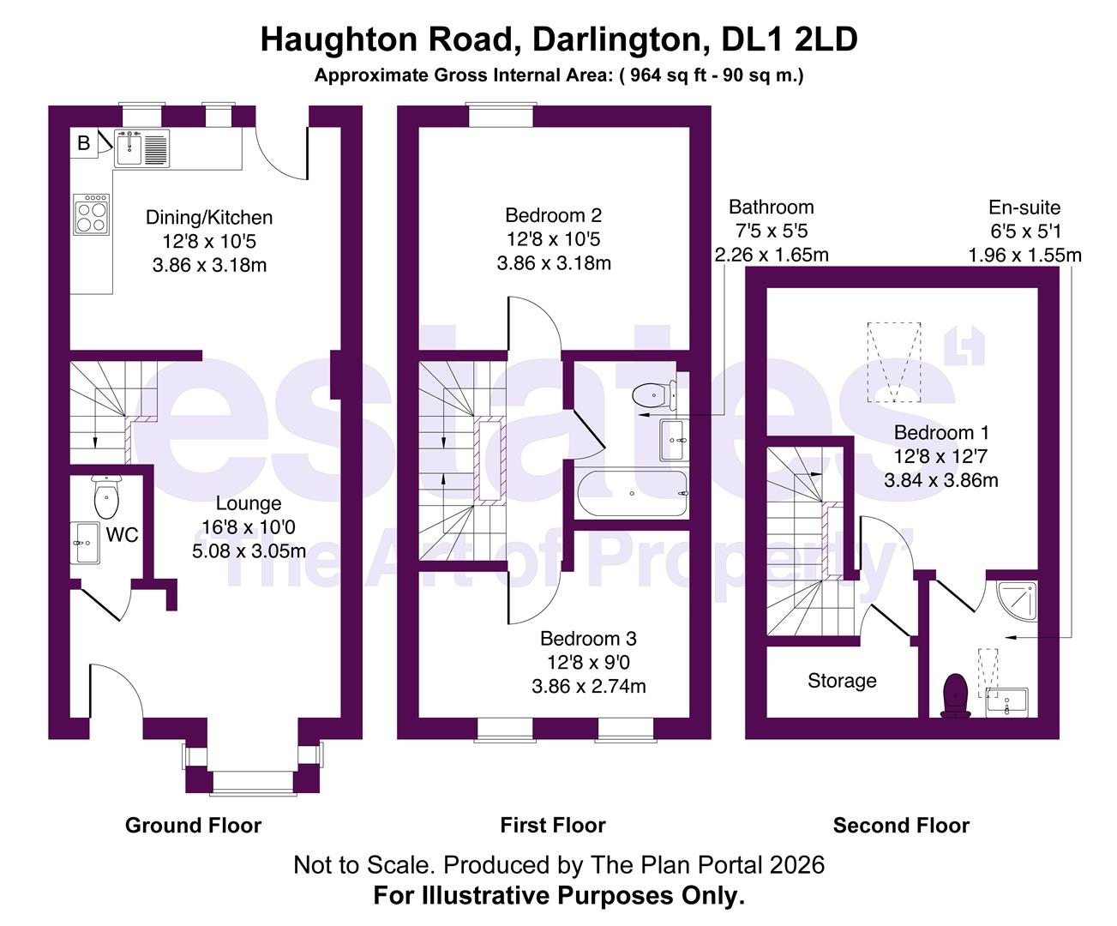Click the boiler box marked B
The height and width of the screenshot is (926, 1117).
click(84, 144)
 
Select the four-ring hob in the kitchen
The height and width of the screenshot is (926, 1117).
click(93, 214)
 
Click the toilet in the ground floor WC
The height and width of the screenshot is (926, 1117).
click(106, 496)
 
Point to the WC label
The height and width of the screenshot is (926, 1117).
click(122, 535)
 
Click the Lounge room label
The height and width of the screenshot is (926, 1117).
click(249, 504)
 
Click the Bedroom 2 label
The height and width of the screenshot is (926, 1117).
click(553, 215)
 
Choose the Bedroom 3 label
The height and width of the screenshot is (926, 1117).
click(588, 639)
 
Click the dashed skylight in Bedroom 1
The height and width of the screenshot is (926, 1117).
click(893, 361)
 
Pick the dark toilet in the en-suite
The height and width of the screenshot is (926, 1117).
click(955, 694)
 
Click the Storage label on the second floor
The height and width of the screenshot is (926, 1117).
click(842, 681)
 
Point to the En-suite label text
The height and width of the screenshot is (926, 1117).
click(1024, 207)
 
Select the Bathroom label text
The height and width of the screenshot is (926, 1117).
click(771, 207)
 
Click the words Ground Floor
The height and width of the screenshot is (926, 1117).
click(193, 826)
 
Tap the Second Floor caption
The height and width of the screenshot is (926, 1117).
click(901, 826)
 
